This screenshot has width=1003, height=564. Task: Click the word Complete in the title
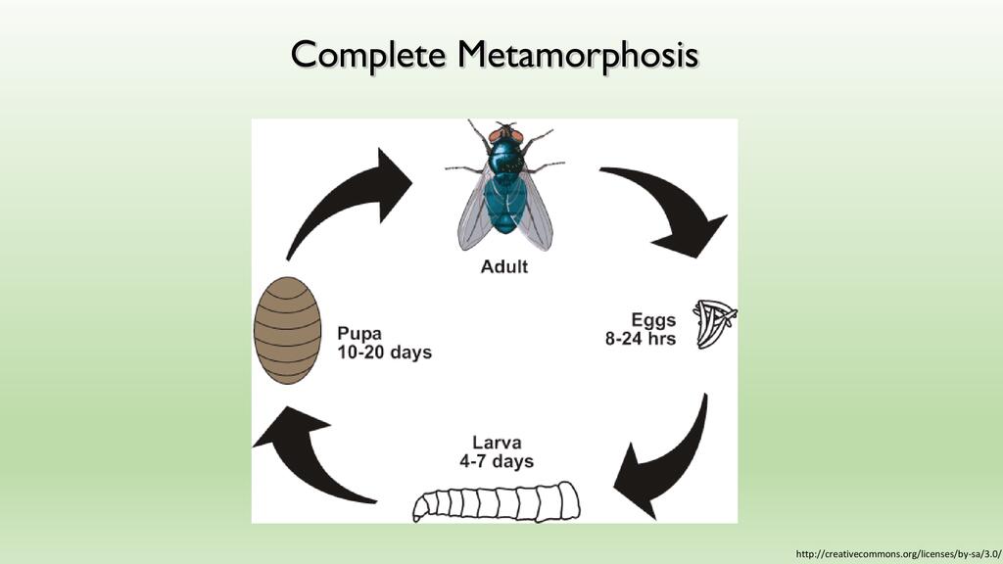pos(368,55)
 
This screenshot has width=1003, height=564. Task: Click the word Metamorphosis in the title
pos(577,55)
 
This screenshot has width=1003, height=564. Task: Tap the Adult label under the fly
pos(504,266)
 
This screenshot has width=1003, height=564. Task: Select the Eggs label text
pos(653,320)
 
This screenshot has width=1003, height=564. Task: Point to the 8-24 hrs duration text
pos(641,338)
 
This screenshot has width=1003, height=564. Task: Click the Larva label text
pos(497,443)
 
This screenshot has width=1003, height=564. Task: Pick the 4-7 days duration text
pos(497,461)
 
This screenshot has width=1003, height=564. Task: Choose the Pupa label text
pos(359,333)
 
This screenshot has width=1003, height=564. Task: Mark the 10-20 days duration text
pos(384,352)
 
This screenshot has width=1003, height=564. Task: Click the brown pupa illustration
pos(287,330)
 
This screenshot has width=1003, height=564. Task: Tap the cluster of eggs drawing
pos(714,324)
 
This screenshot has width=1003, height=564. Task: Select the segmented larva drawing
pos(497,502)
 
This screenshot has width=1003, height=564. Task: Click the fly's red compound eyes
pos(506,135)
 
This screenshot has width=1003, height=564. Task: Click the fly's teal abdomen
pos(505,205)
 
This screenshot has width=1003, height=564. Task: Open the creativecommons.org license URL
pos(898,554)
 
